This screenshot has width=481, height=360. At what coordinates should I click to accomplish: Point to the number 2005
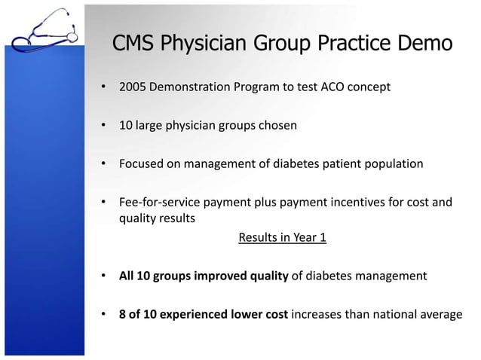[133, 87]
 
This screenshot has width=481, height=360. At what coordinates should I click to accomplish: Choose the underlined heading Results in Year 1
[282, 238]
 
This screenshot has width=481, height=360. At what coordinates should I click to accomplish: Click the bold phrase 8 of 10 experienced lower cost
[203, 314]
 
